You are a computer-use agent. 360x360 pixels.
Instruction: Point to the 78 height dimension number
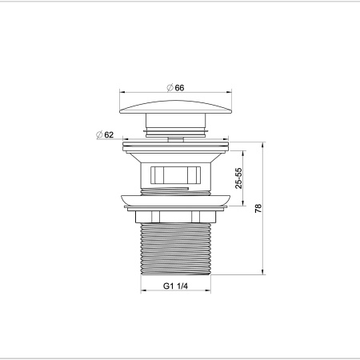pos(258,209)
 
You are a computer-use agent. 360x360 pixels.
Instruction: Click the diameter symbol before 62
pos(98,134)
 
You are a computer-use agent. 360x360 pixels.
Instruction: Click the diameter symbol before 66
pos(170,88)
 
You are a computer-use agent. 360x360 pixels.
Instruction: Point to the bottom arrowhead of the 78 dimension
pos(263,274)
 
